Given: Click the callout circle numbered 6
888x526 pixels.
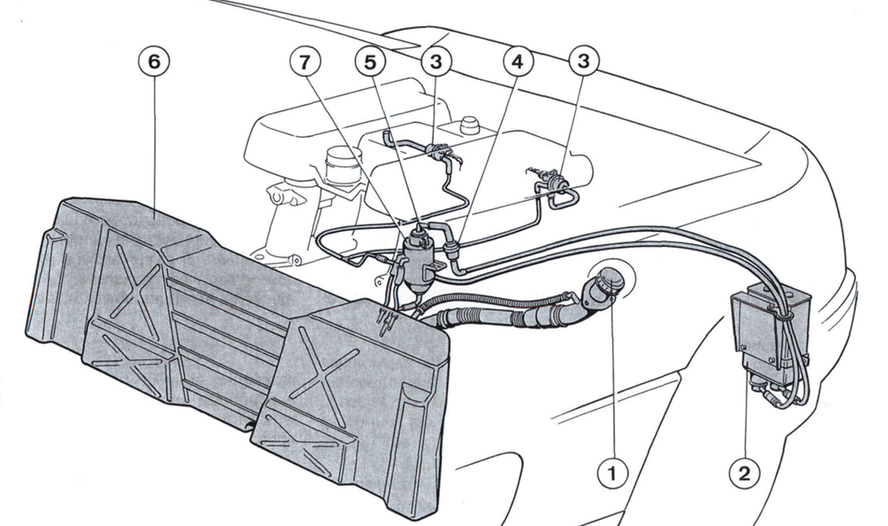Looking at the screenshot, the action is coord(154,62).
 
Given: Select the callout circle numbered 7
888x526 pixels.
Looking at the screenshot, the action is coord(305,62).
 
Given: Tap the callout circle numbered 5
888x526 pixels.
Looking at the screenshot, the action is coord(369,62).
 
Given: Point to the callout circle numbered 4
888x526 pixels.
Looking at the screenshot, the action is coord(519,62).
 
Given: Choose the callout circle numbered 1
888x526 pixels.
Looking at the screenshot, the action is coord(611,473).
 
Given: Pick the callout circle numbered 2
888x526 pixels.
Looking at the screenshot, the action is coord(744,473).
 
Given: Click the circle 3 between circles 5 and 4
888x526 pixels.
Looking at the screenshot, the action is coord(435,62).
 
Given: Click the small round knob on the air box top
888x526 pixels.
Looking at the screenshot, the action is coord(468,125).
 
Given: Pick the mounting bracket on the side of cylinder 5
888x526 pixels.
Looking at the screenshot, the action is coord(437,267).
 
